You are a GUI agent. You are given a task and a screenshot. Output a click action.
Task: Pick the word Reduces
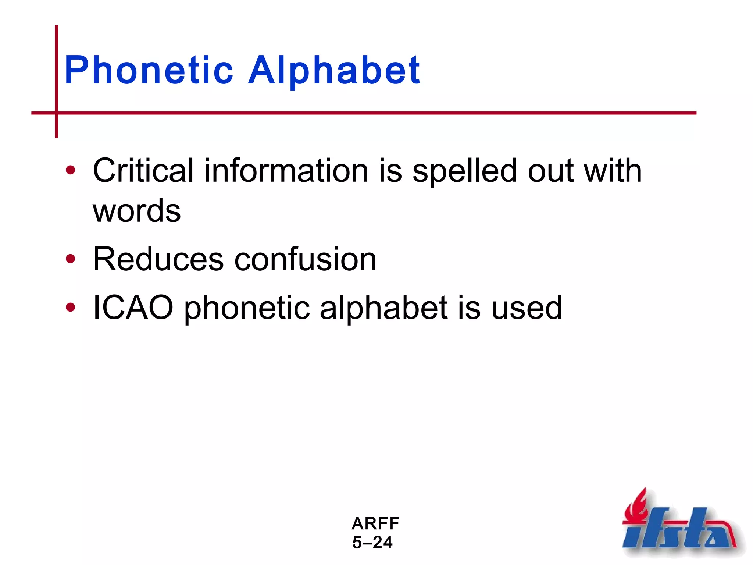(158, 259)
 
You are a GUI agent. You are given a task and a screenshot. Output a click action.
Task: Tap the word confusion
(305, 259)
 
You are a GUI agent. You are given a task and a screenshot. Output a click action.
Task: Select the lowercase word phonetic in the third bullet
(246, 308)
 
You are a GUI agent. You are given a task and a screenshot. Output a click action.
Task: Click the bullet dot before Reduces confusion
(70, 259)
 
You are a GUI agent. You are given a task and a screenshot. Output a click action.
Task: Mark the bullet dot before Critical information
(70, 170)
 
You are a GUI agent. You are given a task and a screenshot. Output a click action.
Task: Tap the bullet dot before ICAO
(70, 307)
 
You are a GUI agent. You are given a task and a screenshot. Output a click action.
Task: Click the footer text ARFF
(375, 523)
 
